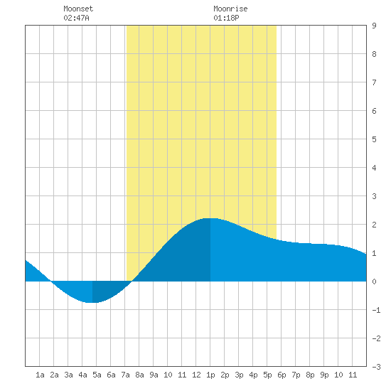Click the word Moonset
tap(78, 9)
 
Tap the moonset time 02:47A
tap(76, 18)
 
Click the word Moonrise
tap(230, 9)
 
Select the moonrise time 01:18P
tap(226, 18)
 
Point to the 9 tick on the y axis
tap(374, 26)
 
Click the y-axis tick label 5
tap(374, 139)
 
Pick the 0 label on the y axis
tap(374, 282)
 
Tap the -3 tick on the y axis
tap(376, 367)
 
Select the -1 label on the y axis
tap(376, 310)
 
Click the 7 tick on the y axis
tap(374, 82)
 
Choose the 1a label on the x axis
tap(40, 375)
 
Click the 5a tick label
tap(97, 375)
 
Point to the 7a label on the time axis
tap(125, 375)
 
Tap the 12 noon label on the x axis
tap(196, 375)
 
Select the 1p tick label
tap(210, 375)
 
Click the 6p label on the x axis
tap(282, 375)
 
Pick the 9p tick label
tap(324, 375)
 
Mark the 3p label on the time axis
tap(239, 375)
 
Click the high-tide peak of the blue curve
tap(210, 218)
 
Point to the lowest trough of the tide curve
tap(92, 302)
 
